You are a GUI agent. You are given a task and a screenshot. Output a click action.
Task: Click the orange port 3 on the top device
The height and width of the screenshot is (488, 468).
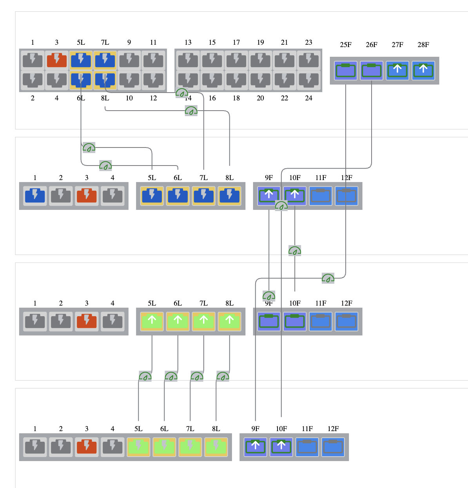point(57,60)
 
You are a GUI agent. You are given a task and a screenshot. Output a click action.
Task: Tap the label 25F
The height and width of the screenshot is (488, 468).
point(346,45)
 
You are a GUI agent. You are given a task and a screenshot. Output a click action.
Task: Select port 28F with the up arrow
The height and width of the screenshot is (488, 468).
point(423,71)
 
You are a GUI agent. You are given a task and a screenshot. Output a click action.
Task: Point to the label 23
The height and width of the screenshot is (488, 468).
point(309,42)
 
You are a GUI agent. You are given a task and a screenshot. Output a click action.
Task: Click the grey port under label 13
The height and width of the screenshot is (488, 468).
point(188,60)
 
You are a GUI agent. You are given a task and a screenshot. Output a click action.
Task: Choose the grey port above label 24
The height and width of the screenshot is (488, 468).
point(309,80)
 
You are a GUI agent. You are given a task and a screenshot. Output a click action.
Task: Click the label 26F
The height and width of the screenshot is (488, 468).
point(372,45)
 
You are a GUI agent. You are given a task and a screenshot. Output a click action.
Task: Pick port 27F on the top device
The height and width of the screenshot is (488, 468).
point(397,71)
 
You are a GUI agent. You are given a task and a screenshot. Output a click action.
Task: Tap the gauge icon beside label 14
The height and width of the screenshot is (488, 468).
point(182,93)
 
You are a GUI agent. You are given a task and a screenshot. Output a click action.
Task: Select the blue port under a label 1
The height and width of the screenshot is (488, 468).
point(35,196)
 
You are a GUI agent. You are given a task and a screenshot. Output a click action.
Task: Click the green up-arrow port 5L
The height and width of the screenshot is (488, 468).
point(152,321)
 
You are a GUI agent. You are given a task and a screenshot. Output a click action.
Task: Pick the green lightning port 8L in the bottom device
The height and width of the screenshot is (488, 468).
point(216,447)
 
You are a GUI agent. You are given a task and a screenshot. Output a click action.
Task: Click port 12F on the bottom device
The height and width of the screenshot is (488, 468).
point(333,447)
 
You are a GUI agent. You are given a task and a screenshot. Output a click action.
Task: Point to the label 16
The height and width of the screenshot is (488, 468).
point(212,98)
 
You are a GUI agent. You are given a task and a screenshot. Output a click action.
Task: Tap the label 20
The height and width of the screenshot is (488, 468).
point(261,98)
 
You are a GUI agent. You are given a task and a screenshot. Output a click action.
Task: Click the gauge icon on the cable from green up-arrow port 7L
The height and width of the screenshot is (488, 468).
point(197,377)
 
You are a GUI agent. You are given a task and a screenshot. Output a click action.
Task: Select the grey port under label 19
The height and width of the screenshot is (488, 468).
point(261,60)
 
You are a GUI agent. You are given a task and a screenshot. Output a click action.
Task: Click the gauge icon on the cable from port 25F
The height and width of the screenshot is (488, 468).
point(328,279)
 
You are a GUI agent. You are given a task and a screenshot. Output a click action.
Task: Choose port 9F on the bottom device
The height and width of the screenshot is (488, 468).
point(256,447)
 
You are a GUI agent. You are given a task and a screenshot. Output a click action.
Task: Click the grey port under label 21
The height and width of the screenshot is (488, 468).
point(285,60)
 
